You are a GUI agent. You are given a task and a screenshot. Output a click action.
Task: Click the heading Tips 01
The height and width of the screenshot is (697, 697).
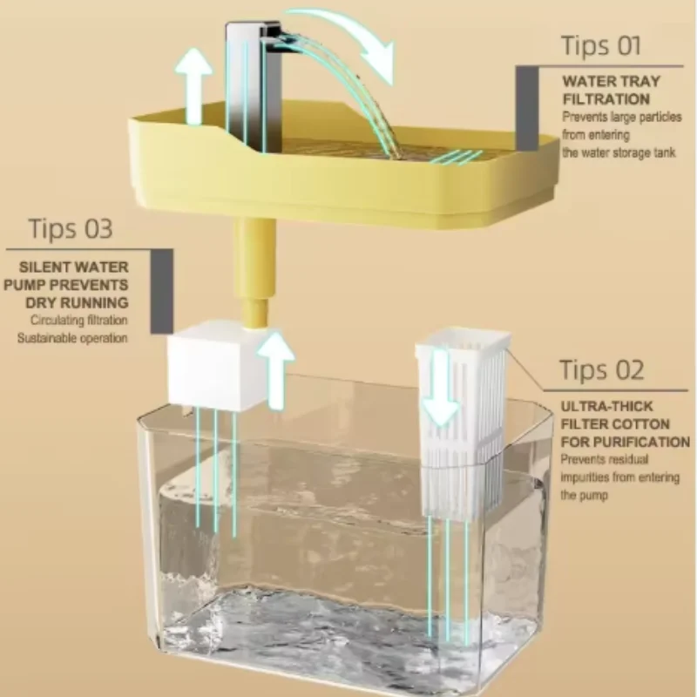601,44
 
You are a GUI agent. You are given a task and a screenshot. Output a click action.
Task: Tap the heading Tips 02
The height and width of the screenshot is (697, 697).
601,369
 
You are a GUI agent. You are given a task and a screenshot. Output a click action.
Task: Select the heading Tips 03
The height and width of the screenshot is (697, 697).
71,229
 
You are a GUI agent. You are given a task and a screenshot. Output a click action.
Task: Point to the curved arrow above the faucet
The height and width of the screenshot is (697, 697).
348,35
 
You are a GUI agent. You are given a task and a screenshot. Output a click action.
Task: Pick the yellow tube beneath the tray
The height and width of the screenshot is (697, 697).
255,270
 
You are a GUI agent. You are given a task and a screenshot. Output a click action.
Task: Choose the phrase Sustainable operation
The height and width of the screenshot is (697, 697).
73,337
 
